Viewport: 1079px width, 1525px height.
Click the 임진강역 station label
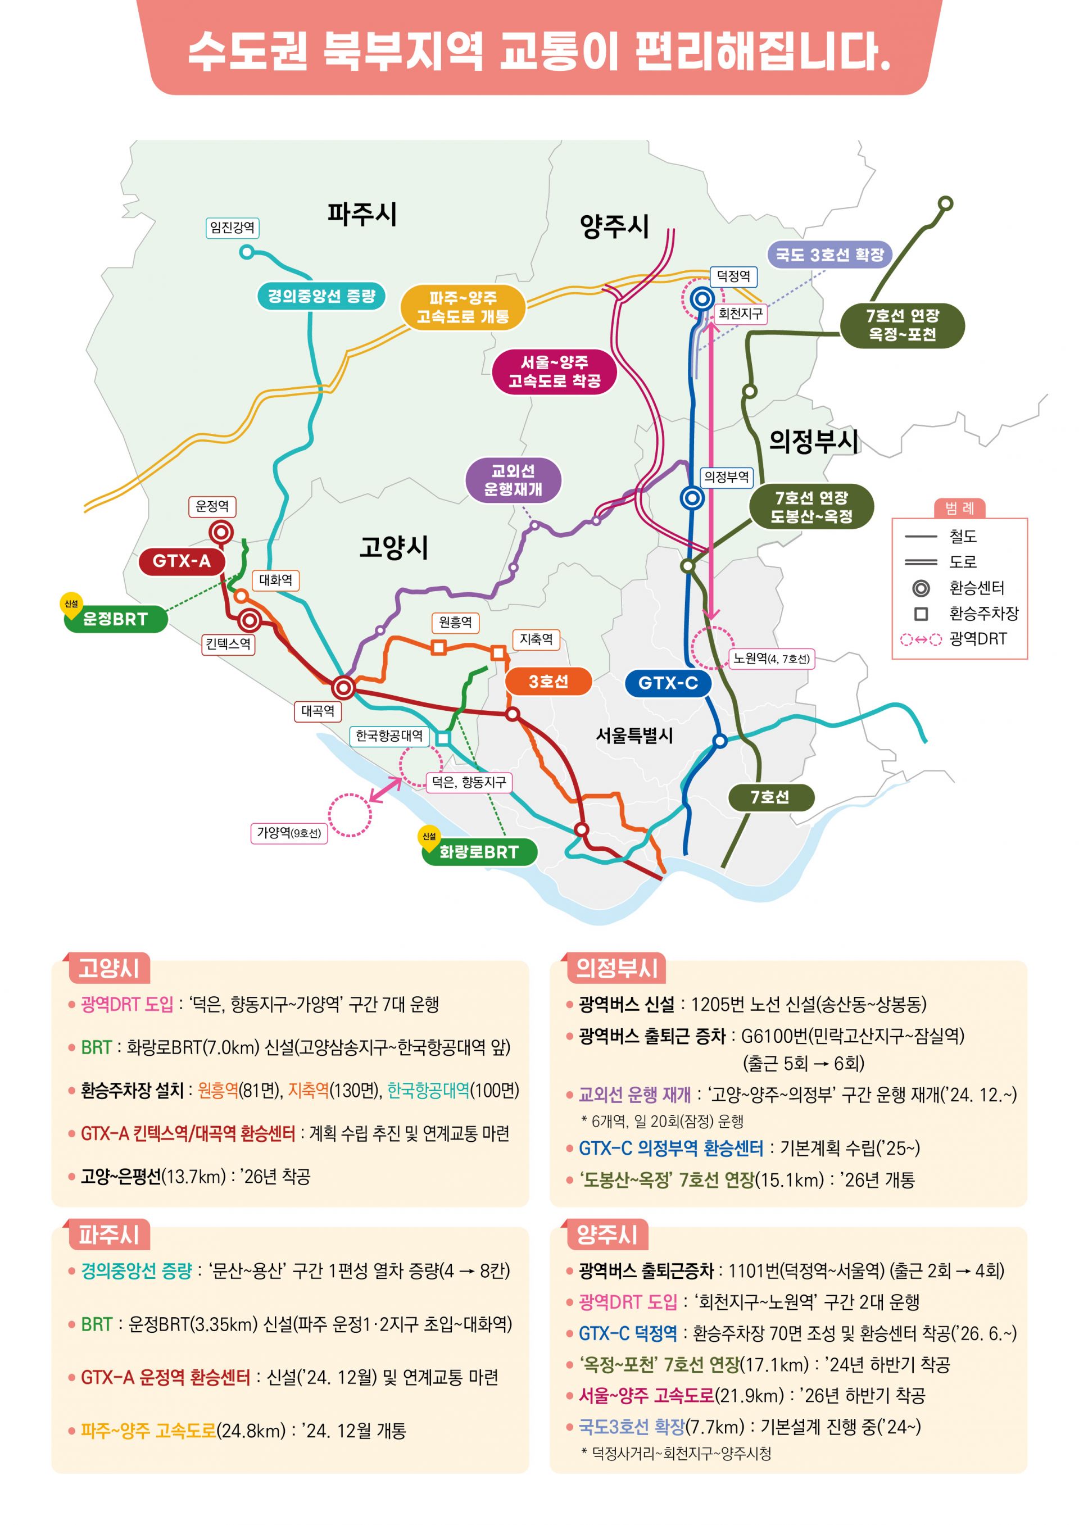point(232,228)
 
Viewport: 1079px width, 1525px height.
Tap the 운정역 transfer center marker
point(221,532)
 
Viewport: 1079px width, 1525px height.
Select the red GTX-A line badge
point(182,561)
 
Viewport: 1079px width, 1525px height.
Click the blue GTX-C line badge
point(668,683)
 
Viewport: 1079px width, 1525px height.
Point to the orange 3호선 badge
point(548,682)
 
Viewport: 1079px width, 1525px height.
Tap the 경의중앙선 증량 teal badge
point(321,296)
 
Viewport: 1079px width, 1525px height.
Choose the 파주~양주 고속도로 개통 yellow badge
point(463,307)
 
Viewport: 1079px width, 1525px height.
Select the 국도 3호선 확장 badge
point(829,255)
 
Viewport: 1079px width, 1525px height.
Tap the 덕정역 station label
point(733,276)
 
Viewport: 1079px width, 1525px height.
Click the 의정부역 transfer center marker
point(692,497)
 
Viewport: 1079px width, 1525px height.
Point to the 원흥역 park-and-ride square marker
point(438,647)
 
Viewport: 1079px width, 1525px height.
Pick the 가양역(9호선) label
point(288,833)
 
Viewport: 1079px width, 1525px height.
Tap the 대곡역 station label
point(318,711)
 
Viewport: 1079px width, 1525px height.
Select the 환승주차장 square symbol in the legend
point(921,614)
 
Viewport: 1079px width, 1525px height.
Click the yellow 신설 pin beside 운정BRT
point(71,605)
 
